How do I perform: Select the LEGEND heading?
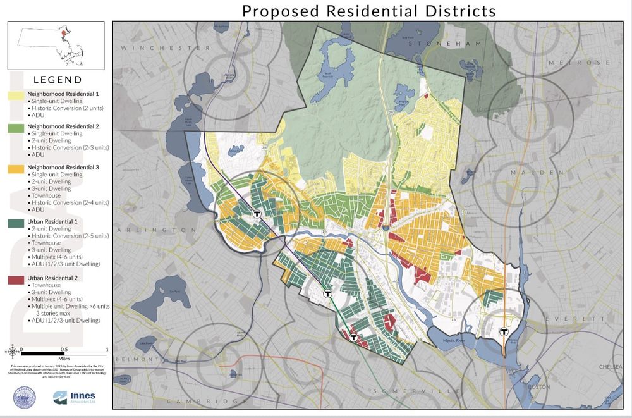(x=58, y=80)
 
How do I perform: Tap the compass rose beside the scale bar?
(x=13, y=349)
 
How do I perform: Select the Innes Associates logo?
(x=69, y=396)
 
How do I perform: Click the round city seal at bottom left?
(x=24, y=396)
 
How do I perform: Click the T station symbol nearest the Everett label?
(x=504, y=331)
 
